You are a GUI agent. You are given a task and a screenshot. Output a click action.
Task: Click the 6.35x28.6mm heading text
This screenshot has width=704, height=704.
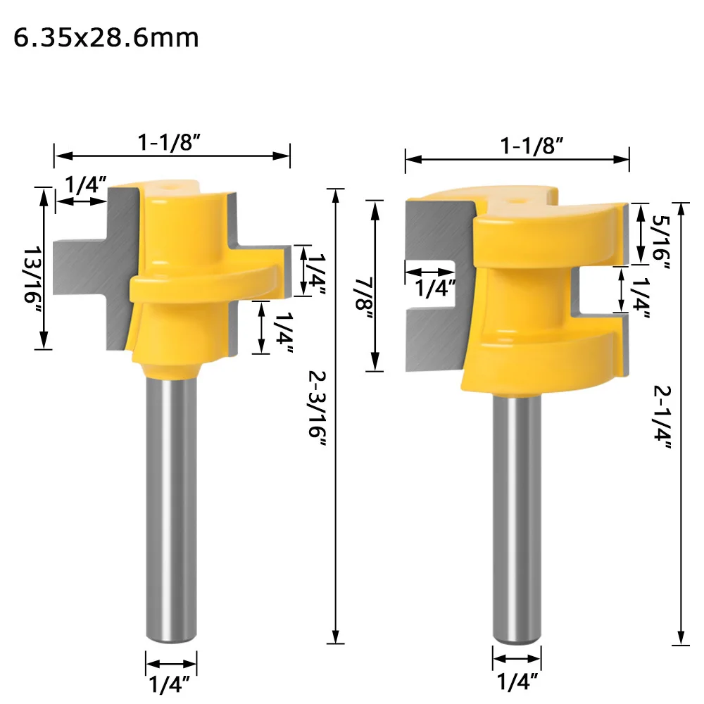pyautogui.click(x=106, y=38)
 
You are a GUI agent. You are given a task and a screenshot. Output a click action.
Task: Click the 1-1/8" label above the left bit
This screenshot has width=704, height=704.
pyautogui.click(x=169, y=142)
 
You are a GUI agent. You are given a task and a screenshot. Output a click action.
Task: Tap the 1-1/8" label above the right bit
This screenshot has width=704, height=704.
pyautogui.click(x=532, y=146)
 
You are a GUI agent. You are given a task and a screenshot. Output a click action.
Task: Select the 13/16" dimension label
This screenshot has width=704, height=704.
pyautogui.click(x=33, y=275)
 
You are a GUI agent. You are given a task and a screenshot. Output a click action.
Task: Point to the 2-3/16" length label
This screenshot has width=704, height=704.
pyautogui.click(x=317, y=408)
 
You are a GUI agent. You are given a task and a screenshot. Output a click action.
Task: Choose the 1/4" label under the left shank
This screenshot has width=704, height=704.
pyautogui.click(x=170, y=684)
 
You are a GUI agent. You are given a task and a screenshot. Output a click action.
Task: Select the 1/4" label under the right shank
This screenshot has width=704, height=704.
pyautogui.click(x=517, y=681)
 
